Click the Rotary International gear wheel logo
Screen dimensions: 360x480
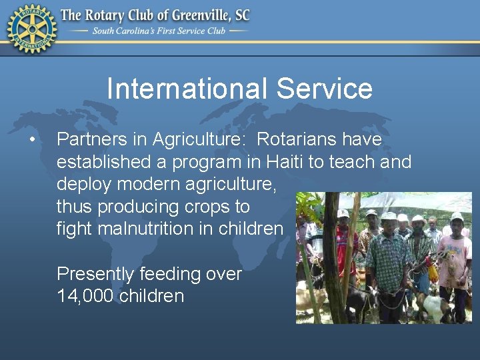(x=31, y=28)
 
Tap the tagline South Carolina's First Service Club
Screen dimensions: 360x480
(x=159, y=31)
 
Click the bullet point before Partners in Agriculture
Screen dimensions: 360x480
(x=31, y=140)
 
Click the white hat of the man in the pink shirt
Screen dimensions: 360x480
(x=457, y=217)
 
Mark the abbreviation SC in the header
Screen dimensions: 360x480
(x=241, y=15)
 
